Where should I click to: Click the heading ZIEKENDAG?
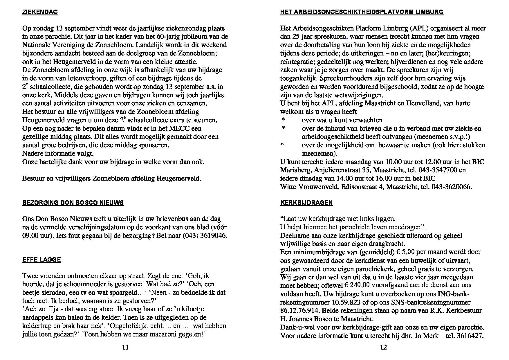pyautogui.click(x=40, y=12)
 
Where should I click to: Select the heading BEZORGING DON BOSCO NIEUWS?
pyautogui.click(x=73, y=203)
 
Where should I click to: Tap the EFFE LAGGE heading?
pyautogui.click(x=41, y=260)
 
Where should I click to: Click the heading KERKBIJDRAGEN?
pyautogui.click(x=306, y=203)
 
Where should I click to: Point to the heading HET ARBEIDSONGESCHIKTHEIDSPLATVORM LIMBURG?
pyautogui.click(x=362, y=12)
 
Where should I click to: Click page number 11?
pyautogui.click(x=125, y=347)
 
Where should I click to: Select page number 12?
pyautogui.click(x=383, y=347)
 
